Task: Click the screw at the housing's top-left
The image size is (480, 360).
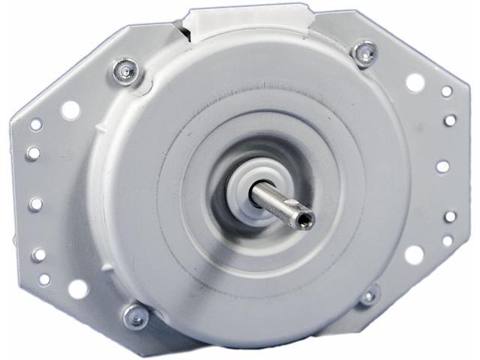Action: coord(125,72)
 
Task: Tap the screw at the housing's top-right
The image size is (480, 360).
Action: coord(364,53)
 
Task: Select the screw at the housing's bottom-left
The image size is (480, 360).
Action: coord(136,316)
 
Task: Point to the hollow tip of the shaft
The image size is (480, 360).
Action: coord(305,220)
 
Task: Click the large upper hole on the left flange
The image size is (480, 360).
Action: coord(70,110)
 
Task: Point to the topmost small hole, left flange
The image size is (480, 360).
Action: coord(35,124)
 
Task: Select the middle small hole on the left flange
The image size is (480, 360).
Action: coord(35,203)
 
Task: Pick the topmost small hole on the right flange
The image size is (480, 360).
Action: coord(446,91)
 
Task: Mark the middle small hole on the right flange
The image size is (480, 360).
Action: coord(443,166)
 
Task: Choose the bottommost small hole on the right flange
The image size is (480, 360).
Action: coord(448,241)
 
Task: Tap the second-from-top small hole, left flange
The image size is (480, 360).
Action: coord(33,153)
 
